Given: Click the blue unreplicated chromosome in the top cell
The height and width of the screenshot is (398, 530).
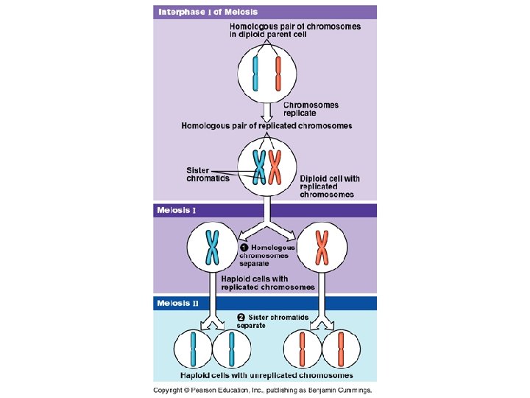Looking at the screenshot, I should click(x=255, y=75).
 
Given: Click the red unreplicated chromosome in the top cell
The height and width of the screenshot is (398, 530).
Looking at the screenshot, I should click(x=278, y=75).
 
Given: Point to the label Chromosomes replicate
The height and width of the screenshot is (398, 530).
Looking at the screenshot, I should click(x=311, y=109).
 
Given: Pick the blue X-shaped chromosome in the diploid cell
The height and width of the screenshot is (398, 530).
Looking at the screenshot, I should click(x=258, y=167).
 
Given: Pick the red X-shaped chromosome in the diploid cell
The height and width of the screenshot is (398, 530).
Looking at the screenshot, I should click(x=275, y=167).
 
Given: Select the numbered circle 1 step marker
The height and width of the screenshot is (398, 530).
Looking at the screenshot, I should click(x=243, y=248).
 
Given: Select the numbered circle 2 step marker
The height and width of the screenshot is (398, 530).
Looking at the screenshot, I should click(x=241, y=318).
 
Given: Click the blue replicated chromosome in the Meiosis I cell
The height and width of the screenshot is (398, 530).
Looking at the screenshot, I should click(x=213, y=247).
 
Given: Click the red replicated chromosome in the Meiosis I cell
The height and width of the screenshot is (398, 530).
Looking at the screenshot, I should click(x=322, y=247).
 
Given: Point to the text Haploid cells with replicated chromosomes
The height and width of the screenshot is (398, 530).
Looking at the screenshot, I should click(x=268, y=283).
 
